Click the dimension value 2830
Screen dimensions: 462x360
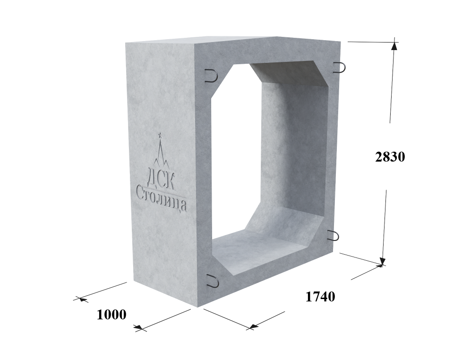[390, 157]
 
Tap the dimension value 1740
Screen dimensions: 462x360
[320, 297]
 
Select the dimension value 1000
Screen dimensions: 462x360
[111, 315]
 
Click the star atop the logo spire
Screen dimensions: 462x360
[160, 135]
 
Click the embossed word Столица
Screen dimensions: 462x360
[161, 198]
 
